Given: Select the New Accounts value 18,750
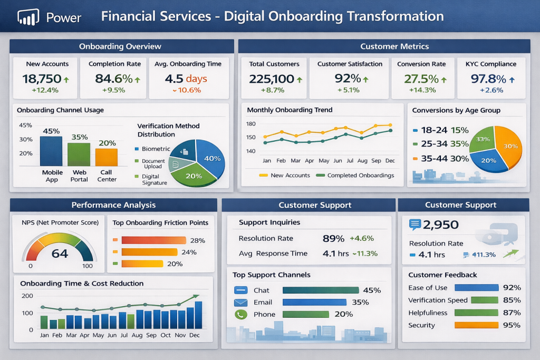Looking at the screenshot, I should (x=41, y=79).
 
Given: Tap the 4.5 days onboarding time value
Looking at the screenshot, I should (x=186, y=79).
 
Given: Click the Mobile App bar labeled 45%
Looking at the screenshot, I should (x=51, y=151).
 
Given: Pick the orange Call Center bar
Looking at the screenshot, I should (x=107, y=157).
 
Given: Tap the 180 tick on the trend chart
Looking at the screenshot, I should (x=251, y=124).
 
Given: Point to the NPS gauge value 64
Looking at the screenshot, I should (x=60, y=254).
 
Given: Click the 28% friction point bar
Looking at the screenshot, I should (x=153, y=240).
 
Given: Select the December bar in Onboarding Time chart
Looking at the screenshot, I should (x=198, y=315).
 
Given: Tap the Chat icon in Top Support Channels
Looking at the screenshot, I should (x=240, y=290).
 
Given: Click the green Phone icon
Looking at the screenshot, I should (x=240, y=315).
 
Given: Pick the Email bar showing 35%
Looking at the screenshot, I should (x=314, y=303).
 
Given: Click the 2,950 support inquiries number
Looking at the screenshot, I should (x=441, y=225).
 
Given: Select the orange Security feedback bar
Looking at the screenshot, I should (x=476, y=325).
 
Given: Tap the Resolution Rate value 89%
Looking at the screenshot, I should (x=333, y=238).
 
